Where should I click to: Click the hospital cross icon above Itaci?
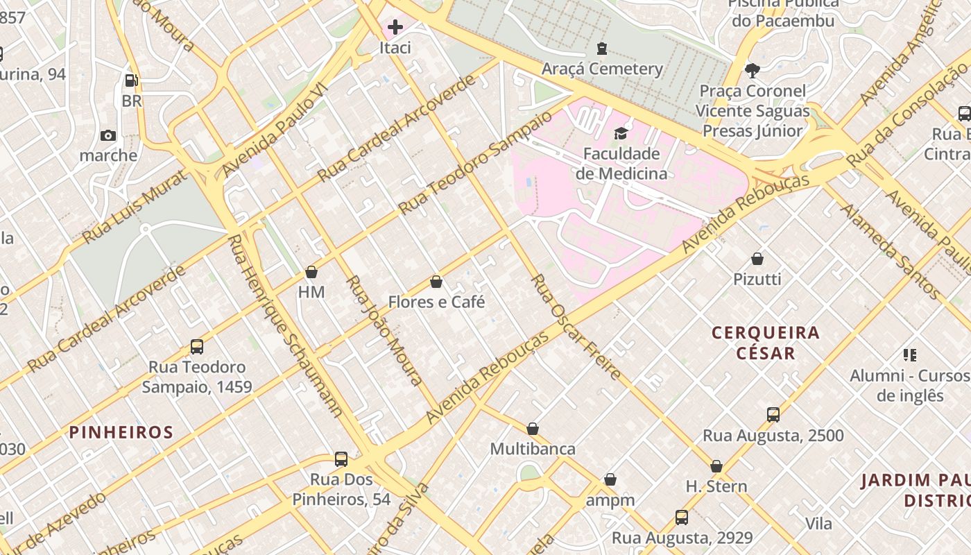point(395,27)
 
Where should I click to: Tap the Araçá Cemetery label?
point(602,69)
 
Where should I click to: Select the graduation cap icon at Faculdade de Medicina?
point(621,133)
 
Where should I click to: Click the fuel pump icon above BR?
point(132,80)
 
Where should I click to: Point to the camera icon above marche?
point(108,135)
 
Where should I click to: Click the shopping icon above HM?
point(311,272)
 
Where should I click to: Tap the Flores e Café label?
point(436,302)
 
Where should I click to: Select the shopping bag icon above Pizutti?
point(757,259)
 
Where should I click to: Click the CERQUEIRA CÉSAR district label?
point(766,343)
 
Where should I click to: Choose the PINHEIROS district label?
point(121,432)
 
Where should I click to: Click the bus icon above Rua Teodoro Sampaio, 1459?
point(197,347)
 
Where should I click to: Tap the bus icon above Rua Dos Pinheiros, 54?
point(341,459)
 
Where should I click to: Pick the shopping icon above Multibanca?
point(533,429)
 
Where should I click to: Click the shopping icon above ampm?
point(610,480)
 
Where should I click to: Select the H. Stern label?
point(716,486)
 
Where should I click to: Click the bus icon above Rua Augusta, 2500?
point(773,416)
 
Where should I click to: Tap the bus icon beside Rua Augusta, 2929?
point(682,518)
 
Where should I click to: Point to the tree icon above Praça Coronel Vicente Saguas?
point(752,70)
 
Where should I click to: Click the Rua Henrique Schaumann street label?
point(285,326)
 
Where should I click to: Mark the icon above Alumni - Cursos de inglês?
point(910,356)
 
